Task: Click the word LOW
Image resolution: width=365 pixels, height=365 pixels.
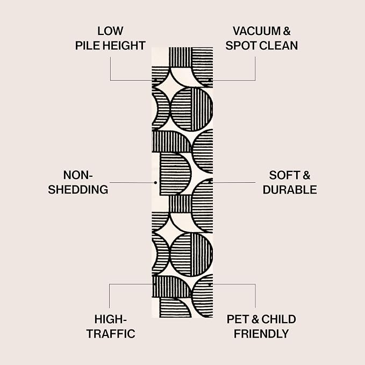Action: tap(110, 31)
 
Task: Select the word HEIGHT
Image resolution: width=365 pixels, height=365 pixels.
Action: tap(124, 45)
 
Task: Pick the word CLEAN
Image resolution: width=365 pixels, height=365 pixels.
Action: tap(278, 45)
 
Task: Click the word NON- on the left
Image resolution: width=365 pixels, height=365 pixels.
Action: tap(78, 175)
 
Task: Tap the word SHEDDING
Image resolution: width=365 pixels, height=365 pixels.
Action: tap(78, 189)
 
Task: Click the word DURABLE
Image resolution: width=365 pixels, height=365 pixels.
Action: tap(290, 190)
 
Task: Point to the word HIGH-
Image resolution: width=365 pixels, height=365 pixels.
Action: tap(110, 319)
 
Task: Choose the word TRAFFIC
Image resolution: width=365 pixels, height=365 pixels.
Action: tap(111, 334)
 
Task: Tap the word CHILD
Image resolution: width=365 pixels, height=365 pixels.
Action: tap(278, 319)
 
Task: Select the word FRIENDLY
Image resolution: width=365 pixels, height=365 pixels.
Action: tap(261, 334)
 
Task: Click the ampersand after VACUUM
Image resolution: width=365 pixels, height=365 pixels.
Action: tap(287, 31)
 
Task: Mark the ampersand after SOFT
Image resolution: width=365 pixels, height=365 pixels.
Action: tap(306, 175)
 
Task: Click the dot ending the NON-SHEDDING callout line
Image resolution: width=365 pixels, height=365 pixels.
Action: tap(155, 183)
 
